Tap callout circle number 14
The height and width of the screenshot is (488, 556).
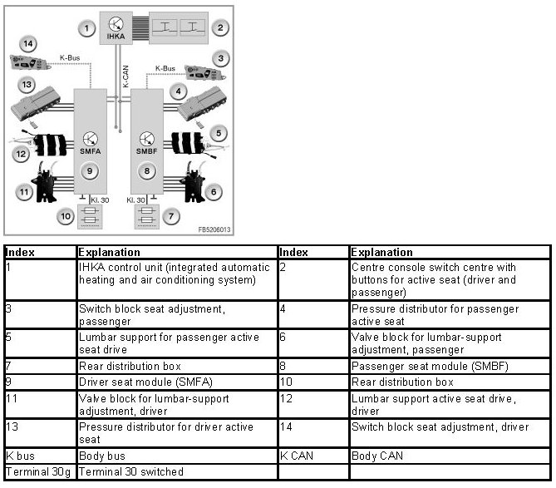(x=27, y=43)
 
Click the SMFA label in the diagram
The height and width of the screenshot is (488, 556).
(x=90, y=152)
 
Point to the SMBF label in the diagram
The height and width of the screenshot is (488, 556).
(x=148, y=152)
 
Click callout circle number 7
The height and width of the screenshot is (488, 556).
(x=171, y=217)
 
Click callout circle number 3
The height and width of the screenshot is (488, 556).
(x=219, y=58)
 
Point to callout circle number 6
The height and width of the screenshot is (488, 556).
(x=214, y=192)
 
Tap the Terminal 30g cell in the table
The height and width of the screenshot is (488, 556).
(x=39, y=471)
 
